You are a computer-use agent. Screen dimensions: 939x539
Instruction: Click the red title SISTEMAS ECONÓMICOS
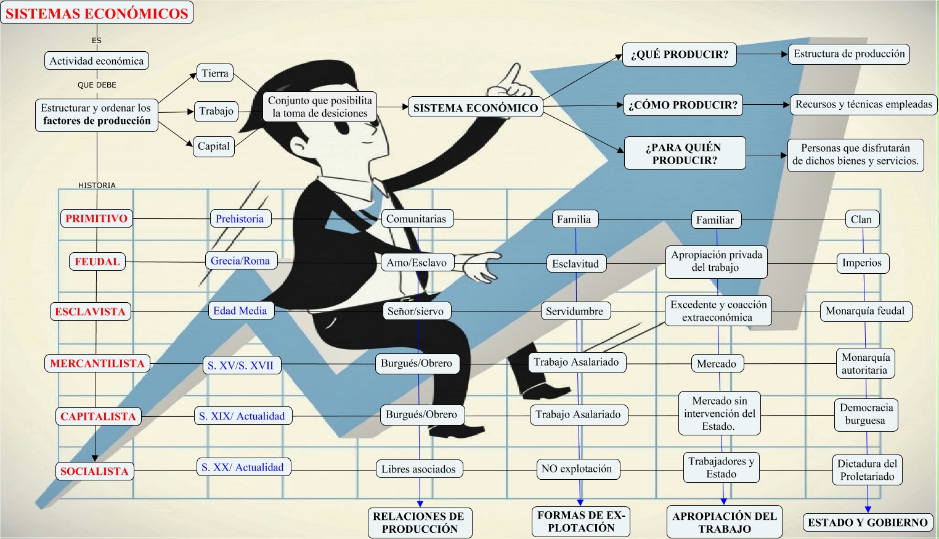[97, 13]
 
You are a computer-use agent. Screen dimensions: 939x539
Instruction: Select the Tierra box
[215, 73]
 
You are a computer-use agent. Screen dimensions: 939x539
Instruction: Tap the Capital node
[213, 146]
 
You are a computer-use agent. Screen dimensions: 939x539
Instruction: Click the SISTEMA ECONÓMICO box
[475, 108]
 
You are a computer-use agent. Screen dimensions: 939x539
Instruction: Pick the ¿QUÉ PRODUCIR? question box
[679, 54]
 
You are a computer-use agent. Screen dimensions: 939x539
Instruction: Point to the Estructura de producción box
[849, 54]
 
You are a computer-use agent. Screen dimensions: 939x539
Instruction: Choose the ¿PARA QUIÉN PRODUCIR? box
[684, 154]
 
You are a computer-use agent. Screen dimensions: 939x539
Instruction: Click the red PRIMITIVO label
[96, 218]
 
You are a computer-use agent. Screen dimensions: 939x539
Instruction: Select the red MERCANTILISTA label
[97, 363]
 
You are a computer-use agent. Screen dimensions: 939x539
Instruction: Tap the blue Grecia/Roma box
[240, 261]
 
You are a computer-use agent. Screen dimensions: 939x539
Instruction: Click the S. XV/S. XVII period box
[241, 365]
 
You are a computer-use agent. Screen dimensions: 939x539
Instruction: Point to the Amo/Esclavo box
[417, 263]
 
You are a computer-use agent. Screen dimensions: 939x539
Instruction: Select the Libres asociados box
[418, 469]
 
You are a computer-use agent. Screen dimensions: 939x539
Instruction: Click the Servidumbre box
[574, 311]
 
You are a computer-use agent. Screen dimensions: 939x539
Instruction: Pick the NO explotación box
[577, 469]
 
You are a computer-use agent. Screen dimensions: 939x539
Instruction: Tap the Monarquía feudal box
[865, 311]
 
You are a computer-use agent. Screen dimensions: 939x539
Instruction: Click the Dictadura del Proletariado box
[867, 470]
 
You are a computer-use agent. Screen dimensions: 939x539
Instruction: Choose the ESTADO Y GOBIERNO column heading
[868, 522]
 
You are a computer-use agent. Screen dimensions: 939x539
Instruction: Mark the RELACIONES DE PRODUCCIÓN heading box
[420, 522]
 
